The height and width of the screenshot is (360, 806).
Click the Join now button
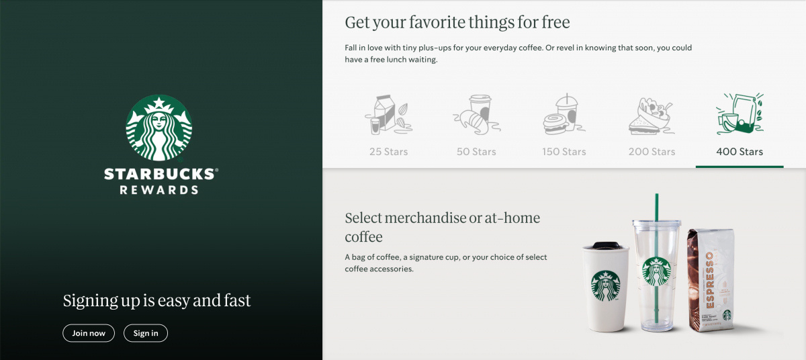[x=89, y=333]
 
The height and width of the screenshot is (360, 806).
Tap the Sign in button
[x=146, y=333]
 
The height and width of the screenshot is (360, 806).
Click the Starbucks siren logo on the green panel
[x=159, y=128]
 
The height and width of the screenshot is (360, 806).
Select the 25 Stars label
[x=389, y=151]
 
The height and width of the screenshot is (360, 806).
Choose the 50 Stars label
[x=476, y=151]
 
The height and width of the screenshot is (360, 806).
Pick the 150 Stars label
[x=564, y=151]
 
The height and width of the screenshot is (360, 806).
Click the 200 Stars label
[x=652, y=151]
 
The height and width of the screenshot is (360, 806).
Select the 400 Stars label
[x=740, y=151]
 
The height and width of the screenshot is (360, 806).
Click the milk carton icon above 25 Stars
[x=389, y=115]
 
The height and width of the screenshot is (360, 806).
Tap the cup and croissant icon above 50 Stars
[x=476, y=115]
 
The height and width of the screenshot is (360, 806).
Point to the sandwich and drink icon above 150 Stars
[x=564, y=114]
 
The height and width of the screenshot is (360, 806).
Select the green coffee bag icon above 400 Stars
[x=740, y=114]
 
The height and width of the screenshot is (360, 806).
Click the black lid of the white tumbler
[x=607, y=245]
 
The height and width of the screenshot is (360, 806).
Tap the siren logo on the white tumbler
[x=606, y=286]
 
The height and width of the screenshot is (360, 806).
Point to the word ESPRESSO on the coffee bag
[x=709, y=280]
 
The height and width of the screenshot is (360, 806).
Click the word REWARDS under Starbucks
[x=159, y=190]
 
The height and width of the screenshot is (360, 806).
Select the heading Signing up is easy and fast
[x=157, y=301]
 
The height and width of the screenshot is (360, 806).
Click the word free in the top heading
[x=555, y=22]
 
